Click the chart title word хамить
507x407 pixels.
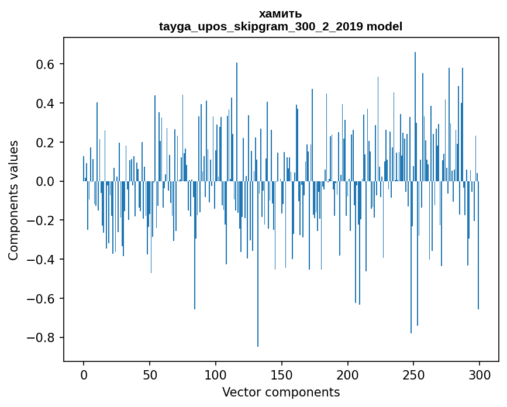pyautogui.click(x=281, y=14)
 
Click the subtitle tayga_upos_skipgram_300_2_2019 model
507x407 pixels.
pyautogui.click(x=281, y=26)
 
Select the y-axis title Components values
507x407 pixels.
pyautogui.click(x=13, y=200)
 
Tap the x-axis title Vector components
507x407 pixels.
pyautogui.click(x=281, y=392)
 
